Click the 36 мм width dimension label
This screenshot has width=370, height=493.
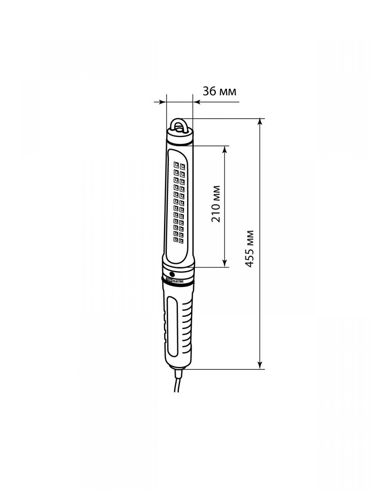click(219, 92)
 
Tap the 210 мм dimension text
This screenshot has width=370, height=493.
click(216, 204)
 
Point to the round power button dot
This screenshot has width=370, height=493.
click(172, 274)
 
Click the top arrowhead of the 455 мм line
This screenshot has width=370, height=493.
click(260, 122)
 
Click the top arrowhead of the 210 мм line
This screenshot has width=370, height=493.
click(224, 149)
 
